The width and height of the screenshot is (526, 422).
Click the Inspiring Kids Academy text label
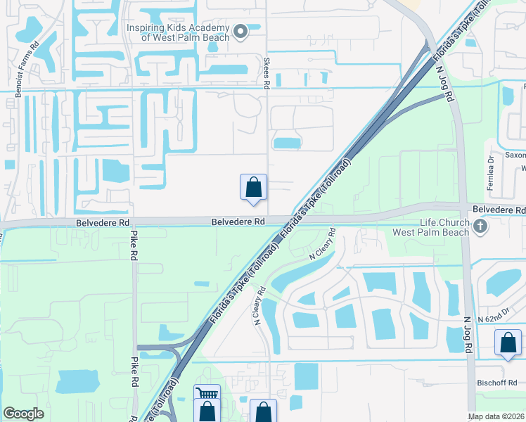[177, 32]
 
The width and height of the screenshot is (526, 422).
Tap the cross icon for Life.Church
[480, 226]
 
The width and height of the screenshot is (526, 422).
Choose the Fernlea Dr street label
[490, 172]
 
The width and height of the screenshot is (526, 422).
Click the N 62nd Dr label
[492, 319]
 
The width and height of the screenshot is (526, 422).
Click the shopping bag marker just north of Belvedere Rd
[254, 187]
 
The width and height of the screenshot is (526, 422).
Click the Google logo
[23, 414]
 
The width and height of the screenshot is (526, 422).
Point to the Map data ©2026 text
[496, 416]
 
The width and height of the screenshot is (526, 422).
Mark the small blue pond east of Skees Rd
[286, 143]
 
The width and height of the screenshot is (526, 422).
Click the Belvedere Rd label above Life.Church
[499, 210]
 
